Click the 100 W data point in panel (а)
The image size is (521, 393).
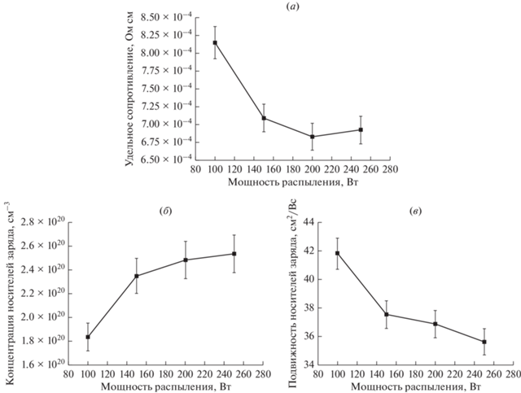pyautogui.click(x=215, y=42)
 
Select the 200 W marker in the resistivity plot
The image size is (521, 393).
pyautogui.click(x=313, y=137)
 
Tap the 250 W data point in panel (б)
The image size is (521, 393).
pyautogui.click(x=234, y=254)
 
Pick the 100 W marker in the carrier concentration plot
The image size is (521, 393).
pyautogui.click(x=88, y=337)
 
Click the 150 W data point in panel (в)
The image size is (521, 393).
pyautogui.click(x=387, y=314)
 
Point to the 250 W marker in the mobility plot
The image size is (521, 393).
pyautogui.click(x=484, y=342)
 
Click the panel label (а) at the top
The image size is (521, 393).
pyautogui.click(x=293, y=7)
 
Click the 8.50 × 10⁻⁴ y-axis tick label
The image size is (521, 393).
pyautogui.click(x=164, y=16)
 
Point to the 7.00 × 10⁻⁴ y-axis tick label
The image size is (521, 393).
pyautogui.click(x=164, y=124)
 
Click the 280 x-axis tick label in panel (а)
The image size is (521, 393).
pyautogui.click(x=390, y=169)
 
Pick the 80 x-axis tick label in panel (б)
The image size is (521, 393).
pyautogui.click(x=68, y=374)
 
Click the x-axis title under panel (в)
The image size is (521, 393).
pyautogui.click(x=416, y=387)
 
